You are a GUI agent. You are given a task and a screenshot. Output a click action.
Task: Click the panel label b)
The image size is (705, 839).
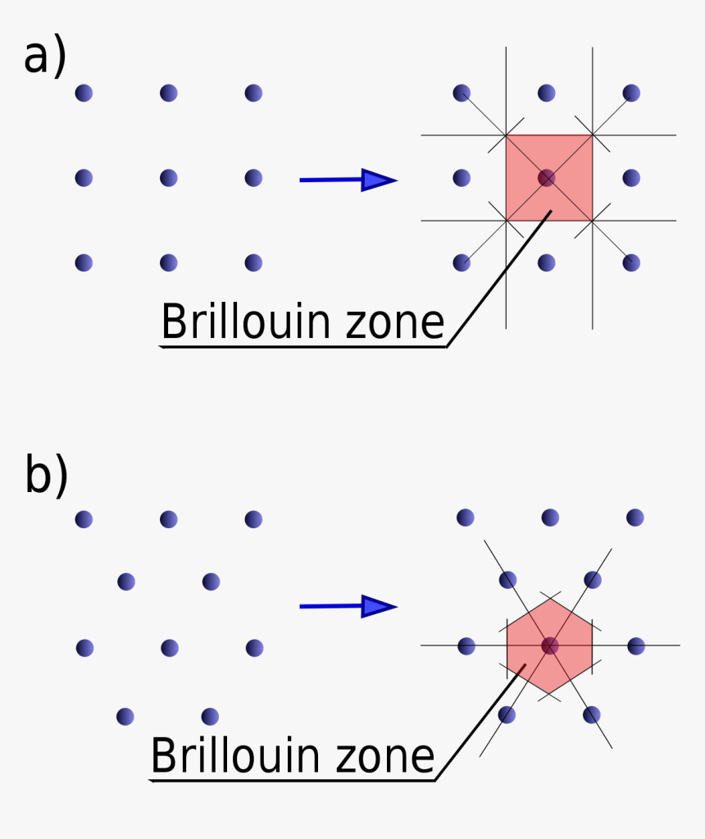46,476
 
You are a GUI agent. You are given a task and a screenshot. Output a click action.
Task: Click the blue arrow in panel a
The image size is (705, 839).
348,180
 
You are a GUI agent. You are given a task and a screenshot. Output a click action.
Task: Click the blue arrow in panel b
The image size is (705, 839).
348,607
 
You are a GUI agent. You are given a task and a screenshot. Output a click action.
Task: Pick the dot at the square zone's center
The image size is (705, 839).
547,177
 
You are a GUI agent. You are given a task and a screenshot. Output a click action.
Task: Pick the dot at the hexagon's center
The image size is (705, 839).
549,645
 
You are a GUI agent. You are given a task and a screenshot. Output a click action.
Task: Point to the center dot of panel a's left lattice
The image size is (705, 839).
169,178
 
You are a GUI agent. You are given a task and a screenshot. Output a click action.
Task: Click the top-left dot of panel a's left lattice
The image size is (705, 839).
84,93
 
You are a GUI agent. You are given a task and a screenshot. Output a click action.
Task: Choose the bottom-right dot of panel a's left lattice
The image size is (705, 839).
253,263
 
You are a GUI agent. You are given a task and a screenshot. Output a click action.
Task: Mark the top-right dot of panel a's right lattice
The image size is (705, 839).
631,93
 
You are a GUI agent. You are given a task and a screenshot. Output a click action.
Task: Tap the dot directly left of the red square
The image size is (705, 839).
462,178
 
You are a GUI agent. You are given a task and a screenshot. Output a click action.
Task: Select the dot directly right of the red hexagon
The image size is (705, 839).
636,646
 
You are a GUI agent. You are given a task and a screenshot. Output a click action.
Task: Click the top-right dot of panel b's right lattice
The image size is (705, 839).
634,518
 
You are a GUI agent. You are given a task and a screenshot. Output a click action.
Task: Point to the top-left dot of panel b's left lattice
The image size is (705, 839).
84,519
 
